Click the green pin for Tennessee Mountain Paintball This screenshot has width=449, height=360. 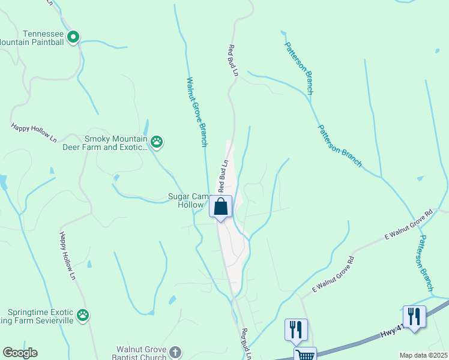73,37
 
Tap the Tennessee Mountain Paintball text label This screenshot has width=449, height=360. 32,38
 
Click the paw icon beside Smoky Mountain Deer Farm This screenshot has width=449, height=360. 157,142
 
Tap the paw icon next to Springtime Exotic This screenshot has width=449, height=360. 83,314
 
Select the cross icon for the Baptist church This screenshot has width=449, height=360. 175,352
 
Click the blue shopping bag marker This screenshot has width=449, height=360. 221,206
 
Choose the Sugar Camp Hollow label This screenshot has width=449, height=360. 188,200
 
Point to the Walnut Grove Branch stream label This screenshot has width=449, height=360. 197,112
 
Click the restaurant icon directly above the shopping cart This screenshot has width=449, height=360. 296,329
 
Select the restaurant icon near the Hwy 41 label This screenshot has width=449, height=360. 414,316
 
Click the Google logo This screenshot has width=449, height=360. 20,353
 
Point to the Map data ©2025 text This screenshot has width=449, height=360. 423,355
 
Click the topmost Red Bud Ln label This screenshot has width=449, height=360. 232,61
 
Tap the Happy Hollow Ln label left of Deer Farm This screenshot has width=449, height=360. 34,133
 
